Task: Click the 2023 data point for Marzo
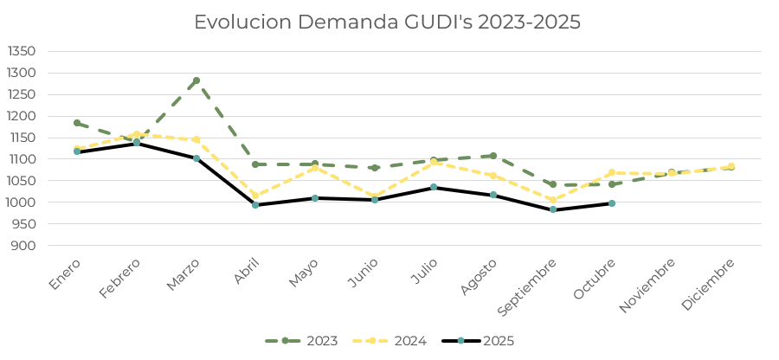pyautogui.click(x=196, y=80)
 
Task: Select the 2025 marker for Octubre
pyautogui.click(x=612, y=203)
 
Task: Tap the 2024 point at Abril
pyautogui.click(x=255, y=196)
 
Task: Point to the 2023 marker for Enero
pyautogui.click(x=77, y=123)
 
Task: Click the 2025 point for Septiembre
pyautogui.click(x=553, y=209)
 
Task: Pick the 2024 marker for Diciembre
pyautogui.click(x=731, y=166)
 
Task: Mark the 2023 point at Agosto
pyautogui.click(x=493, y=156)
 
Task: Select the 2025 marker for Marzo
pyautogui.click(x=196, y=158)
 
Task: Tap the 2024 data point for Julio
pyautogui.click(x=434, y=161)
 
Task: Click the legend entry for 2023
pyautogui.click(x=301, y=341)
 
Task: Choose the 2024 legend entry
pyautogui.click(x=389, y=341)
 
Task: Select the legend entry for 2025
pyautogui.click(x=478, y=341)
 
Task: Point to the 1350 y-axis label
pyautogui.click(x=22, y=51)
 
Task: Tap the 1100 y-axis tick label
pyautogui.click(x=22, y=159)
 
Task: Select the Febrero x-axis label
pyautogui.click(x=119, y=279)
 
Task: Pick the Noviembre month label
pyautogui.click(x=647, y=286)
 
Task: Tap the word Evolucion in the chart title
pyautogui.click(x=241, y=22)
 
